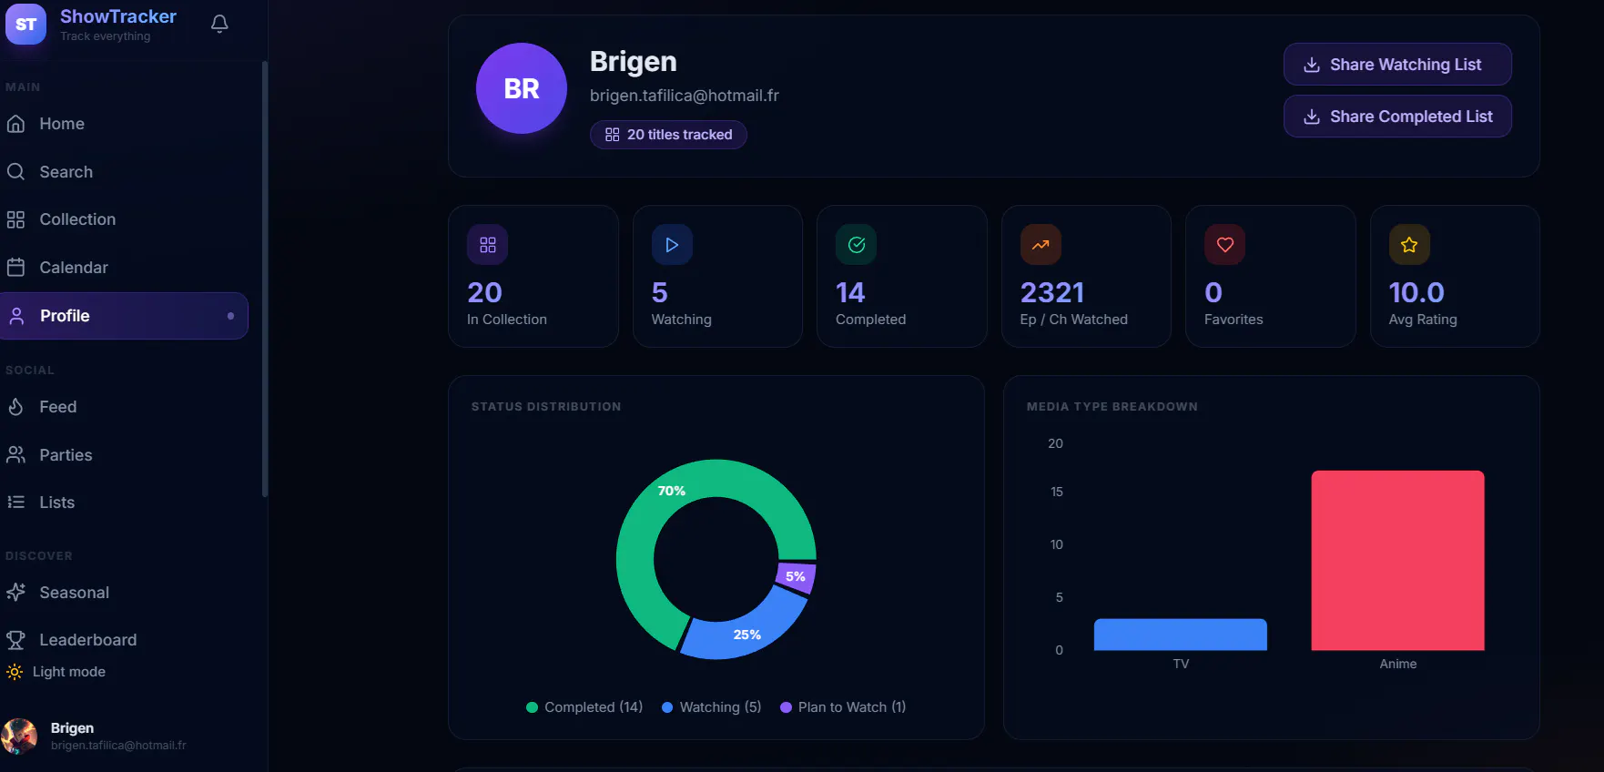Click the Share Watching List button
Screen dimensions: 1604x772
[1397, 65]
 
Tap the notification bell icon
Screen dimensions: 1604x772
[219, 24]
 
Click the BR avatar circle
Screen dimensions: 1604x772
[522, 88]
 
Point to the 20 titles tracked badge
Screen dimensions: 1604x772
[668, 135]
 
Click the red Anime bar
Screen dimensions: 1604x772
[1397, 560]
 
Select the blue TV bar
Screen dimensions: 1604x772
[1180, 635]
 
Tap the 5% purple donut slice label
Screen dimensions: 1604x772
[796, 576]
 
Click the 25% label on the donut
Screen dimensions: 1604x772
[747, 635]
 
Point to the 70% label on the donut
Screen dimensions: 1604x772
[672, 491]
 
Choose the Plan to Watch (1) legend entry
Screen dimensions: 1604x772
[843, 707]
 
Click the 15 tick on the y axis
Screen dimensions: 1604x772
[1057, 492]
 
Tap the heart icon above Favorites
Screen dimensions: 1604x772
[1225, 245]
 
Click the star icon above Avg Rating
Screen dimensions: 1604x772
[1409, 245]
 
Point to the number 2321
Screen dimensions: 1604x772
[1052, 292]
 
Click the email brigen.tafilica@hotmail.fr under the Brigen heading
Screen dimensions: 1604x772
[685, 96]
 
